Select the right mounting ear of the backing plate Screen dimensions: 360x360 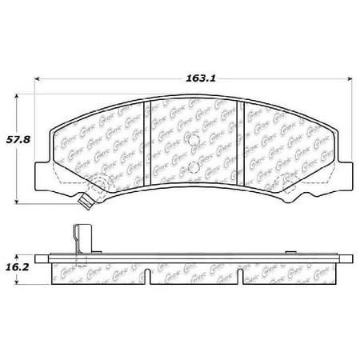[345, 171]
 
